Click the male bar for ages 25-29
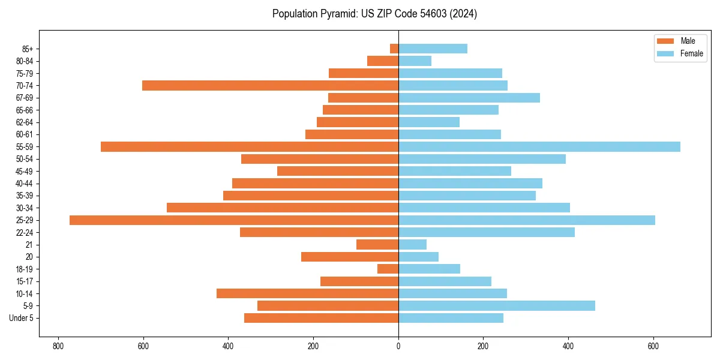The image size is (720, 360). (234, 220)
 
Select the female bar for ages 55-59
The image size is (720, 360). (539, 147)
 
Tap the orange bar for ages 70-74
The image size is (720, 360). (270, 86)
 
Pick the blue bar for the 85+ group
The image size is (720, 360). (433, 49)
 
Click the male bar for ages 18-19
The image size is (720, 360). (388, 269)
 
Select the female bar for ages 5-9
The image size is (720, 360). (496, 305)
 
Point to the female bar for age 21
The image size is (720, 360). (412, 245)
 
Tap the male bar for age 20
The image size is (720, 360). (350, 257)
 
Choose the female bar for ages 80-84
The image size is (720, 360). (415, 61)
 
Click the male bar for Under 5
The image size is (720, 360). (321, 318)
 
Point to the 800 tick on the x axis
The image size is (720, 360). (58, 346)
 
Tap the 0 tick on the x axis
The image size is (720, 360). (398, 346)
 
